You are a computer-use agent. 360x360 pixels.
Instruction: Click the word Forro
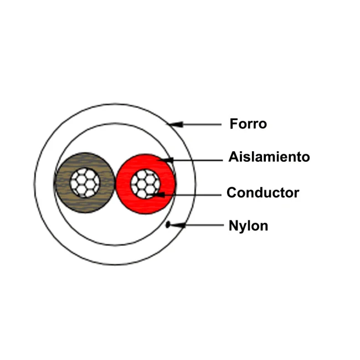pyautogui.click(x=248, y=124)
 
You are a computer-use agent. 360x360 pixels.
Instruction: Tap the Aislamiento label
pyautogui.click(x=269, y=157)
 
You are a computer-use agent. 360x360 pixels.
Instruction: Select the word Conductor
pyautogui.click(x=263, y=193)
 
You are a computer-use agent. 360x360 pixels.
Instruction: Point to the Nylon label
pyautogui.click(x=249, y=226)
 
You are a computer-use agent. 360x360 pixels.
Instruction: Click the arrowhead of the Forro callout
pyautogui.click(x=176, y=125)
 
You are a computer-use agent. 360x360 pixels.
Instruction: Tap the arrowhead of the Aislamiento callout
pyautogui.click(x=166, y=160)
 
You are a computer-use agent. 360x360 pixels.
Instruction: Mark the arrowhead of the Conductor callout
pyautogui.click(x=158, y=195)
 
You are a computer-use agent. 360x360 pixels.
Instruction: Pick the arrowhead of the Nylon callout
pyautogui.click(x=178, y=225)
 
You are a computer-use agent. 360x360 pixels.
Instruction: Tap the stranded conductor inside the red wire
pyautogui.click(x=145, y=184)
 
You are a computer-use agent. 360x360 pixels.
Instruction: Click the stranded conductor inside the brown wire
pyautogui.click(x=85, y=183)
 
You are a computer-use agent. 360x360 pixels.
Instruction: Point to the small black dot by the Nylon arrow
pyautogui.click(x=168, y=224)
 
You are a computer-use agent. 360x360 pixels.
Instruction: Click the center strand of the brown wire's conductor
pyautogui.click(x=85, y=183)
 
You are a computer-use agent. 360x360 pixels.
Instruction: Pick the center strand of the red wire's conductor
pyautogui.click(x=145, y=184)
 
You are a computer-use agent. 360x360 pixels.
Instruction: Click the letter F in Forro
pyautogui.click(x=234, y=124)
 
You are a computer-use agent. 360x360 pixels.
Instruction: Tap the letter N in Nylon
pyautogui.click(x=233, y=225)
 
